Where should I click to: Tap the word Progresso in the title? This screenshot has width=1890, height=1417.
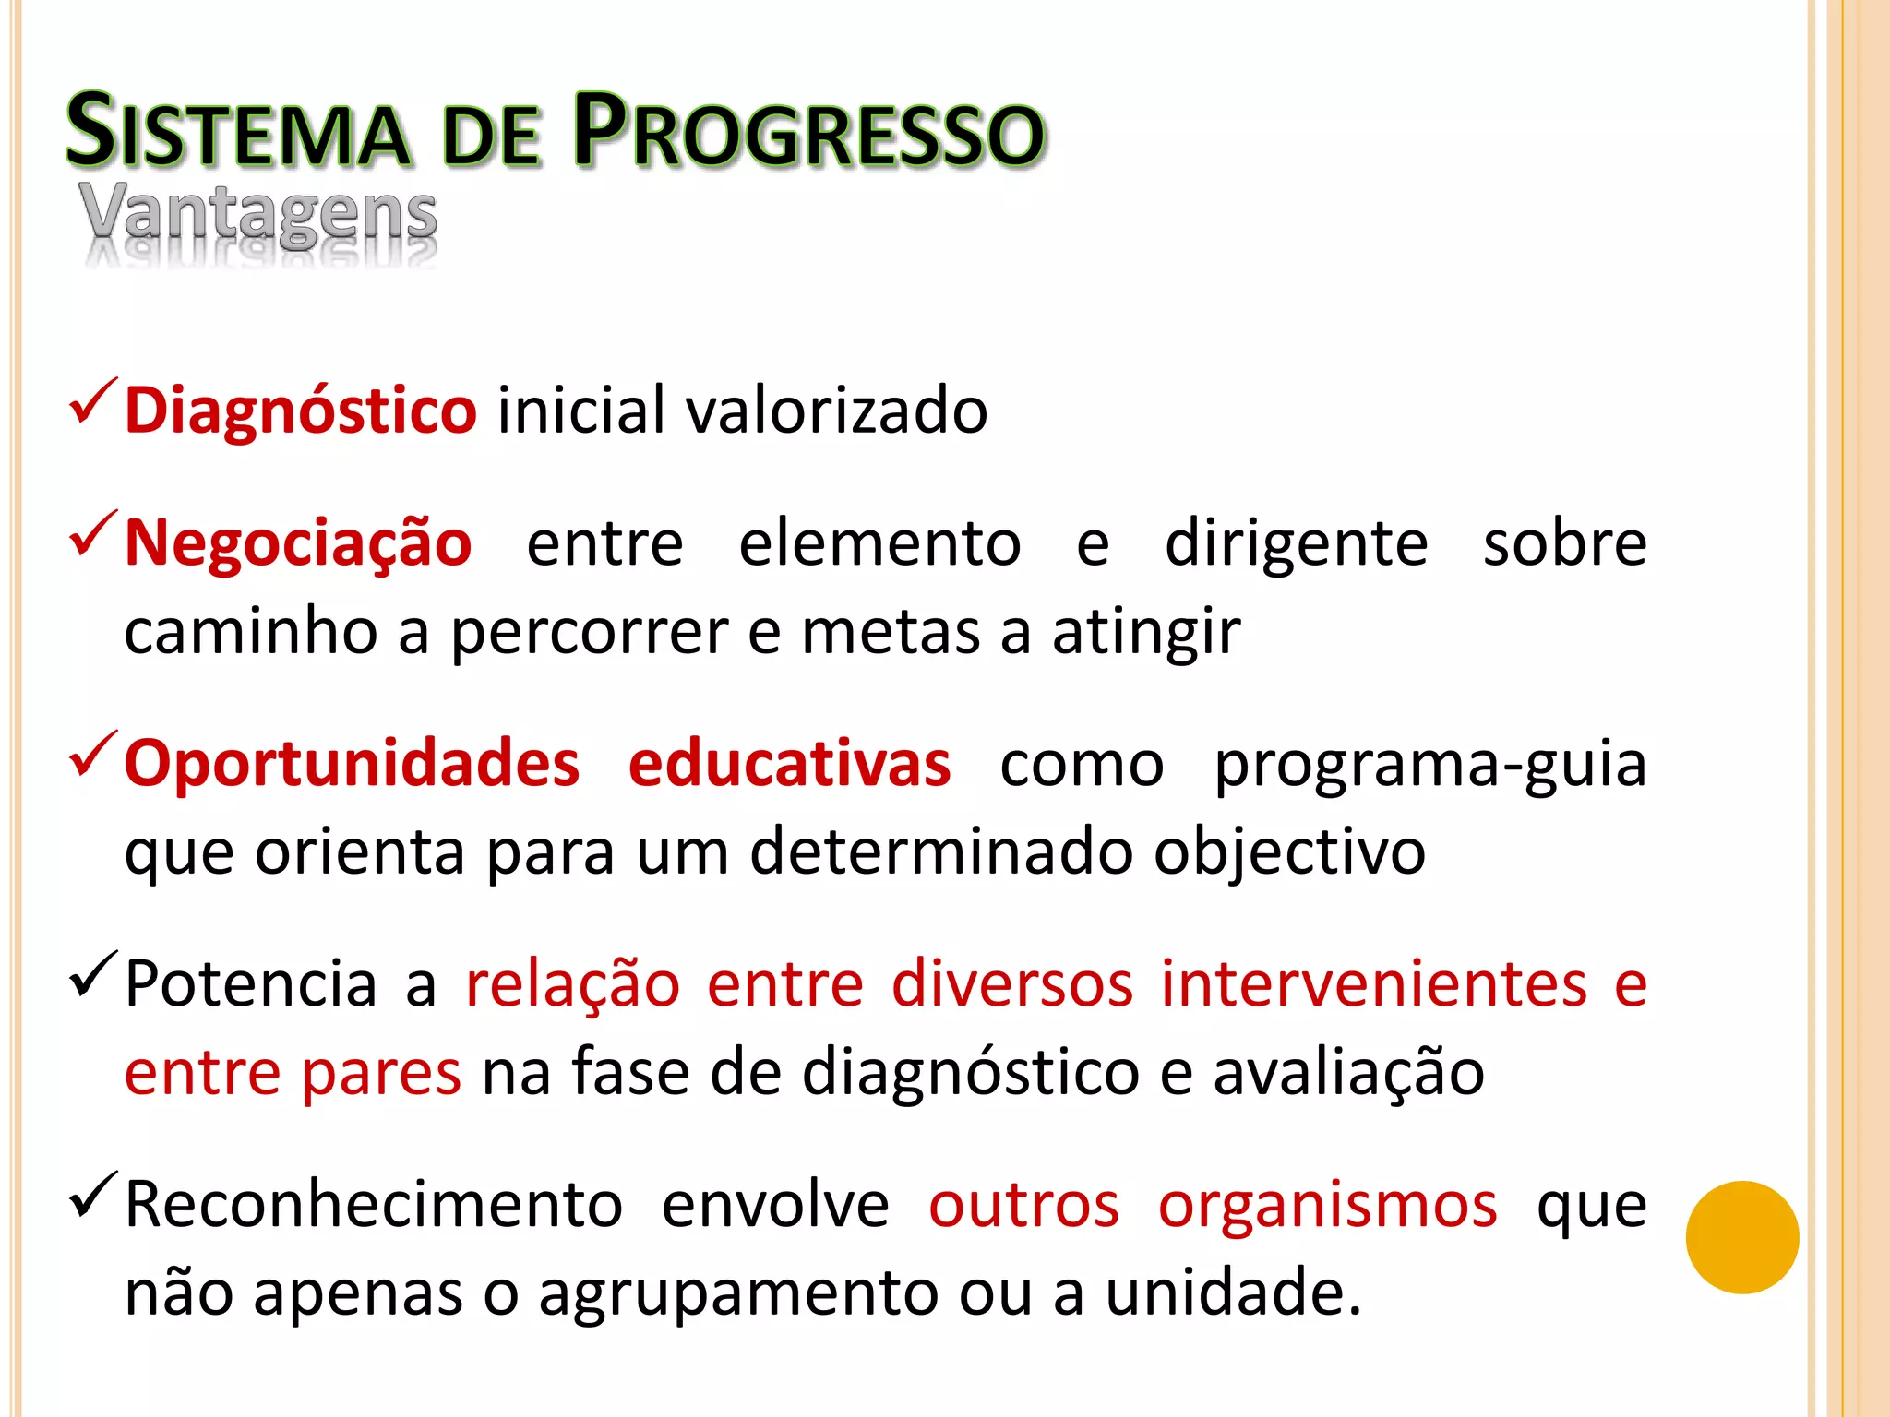(x=808, y=132)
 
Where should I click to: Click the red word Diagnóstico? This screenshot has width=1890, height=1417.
(x=300, y=411)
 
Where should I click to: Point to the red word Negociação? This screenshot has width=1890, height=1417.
(x=298, y=543)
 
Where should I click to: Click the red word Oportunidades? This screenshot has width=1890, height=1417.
(x=352, y=764)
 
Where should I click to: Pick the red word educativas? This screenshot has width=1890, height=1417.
(x=789, y=764)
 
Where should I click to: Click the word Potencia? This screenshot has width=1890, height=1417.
(x=251, y=983)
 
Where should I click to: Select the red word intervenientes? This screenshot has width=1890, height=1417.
(x=1373, y=983)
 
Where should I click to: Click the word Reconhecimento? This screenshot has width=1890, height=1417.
(x=374, y=1204)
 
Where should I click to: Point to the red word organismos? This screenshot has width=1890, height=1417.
(x=1327, y=1206)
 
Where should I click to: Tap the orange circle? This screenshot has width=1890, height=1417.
(x=1741, y=1237)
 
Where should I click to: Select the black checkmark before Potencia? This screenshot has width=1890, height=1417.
(x=93, y=974)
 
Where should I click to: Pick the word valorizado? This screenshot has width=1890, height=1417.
(x=836, y=411)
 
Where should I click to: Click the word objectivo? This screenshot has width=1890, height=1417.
(x=1289, y=851)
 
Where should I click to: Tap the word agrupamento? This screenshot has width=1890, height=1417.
(x=738, y=1293)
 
